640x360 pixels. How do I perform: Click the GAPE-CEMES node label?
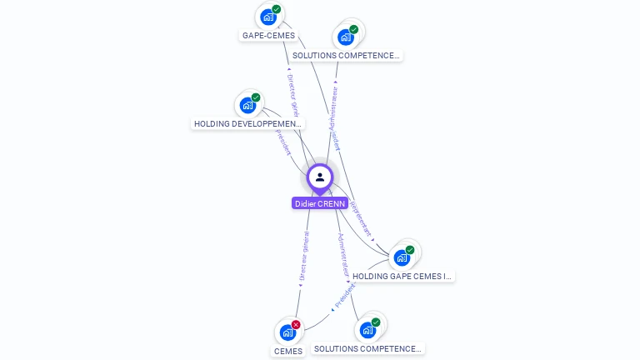point(268,36)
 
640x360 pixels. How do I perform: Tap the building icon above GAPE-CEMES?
point(267,17)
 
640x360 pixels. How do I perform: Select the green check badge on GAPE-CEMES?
point(277,9)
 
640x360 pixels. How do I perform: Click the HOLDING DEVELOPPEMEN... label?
point(248,124)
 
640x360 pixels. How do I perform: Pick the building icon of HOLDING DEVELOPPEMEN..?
point(247,105)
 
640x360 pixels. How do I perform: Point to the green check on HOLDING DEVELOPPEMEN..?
point(256,97)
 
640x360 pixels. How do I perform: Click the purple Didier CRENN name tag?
point(320,203)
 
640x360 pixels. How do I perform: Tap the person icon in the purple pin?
point(320,177)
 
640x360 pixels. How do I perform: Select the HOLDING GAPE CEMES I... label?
point(402,276)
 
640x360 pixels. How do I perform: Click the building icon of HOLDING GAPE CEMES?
point(401,257)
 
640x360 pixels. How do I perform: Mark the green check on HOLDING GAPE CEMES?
point(410,250)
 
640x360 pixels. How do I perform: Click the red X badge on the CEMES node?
point(296,325)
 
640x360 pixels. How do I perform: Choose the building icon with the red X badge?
point(287,332)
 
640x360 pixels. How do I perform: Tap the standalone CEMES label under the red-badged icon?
point(288,351)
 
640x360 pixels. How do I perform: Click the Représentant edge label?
point(360,217)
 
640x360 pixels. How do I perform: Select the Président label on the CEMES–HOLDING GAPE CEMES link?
point(344,296)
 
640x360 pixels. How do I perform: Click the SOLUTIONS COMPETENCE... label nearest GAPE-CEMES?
point(347,56)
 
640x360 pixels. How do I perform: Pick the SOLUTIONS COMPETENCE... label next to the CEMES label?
point(368,349)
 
